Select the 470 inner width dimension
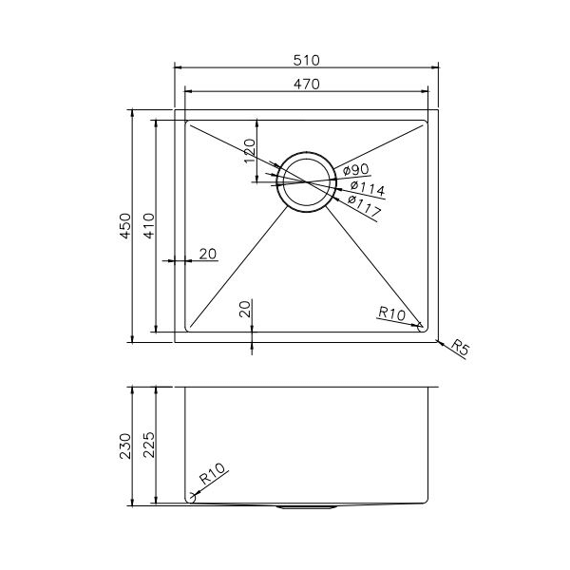305,84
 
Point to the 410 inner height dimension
147,226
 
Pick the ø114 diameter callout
365,186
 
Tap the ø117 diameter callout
363,201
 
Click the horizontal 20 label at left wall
208,254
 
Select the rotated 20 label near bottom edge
245,308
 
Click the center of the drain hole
306,180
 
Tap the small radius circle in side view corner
191,496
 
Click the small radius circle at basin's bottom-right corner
421,327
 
